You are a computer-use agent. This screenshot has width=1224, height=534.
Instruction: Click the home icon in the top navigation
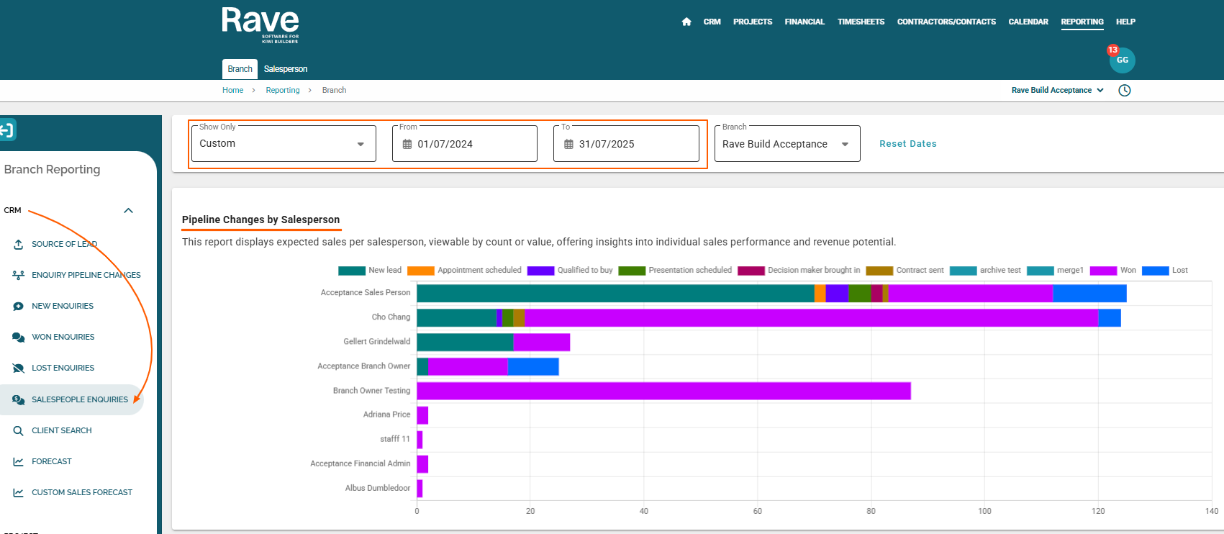686,22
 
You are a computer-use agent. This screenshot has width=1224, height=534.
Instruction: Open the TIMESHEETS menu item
861,22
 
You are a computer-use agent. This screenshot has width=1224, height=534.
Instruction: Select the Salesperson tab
285,69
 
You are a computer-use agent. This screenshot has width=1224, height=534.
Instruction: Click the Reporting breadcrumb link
283,90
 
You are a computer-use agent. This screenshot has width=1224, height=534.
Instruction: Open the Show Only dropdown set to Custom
284,144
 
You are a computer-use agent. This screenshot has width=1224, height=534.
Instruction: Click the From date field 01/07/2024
464,144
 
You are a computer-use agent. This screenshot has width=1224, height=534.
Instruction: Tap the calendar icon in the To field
568,144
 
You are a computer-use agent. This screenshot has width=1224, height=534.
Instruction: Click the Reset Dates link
907,144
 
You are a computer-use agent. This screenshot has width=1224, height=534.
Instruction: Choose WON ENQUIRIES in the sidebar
63,338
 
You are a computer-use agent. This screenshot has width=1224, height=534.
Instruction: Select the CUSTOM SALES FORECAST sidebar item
82,492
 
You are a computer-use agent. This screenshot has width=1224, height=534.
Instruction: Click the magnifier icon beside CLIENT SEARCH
18,430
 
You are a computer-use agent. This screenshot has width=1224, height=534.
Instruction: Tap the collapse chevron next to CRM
128,210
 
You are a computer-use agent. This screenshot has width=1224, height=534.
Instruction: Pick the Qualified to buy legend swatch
540,271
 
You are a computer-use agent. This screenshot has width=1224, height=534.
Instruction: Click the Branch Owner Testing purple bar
663,391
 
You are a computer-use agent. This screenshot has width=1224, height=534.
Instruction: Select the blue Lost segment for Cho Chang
1110,317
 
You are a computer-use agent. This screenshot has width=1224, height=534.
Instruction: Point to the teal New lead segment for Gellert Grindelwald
465,342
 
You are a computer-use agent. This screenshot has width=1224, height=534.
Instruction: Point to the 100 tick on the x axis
984,511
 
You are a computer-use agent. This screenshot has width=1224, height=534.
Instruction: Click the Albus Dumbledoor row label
378,488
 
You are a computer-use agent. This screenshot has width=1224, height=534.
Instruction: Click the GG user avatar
1123,60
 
